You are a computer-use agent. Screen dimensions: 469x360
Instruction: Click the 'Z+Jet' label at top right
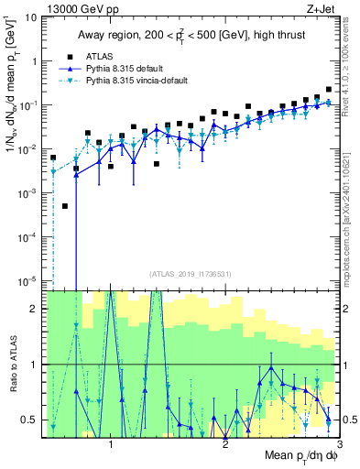tap(322, 8)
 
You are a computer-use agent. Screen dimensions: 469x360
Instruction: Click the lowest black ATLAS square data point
tap(65, 207)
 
